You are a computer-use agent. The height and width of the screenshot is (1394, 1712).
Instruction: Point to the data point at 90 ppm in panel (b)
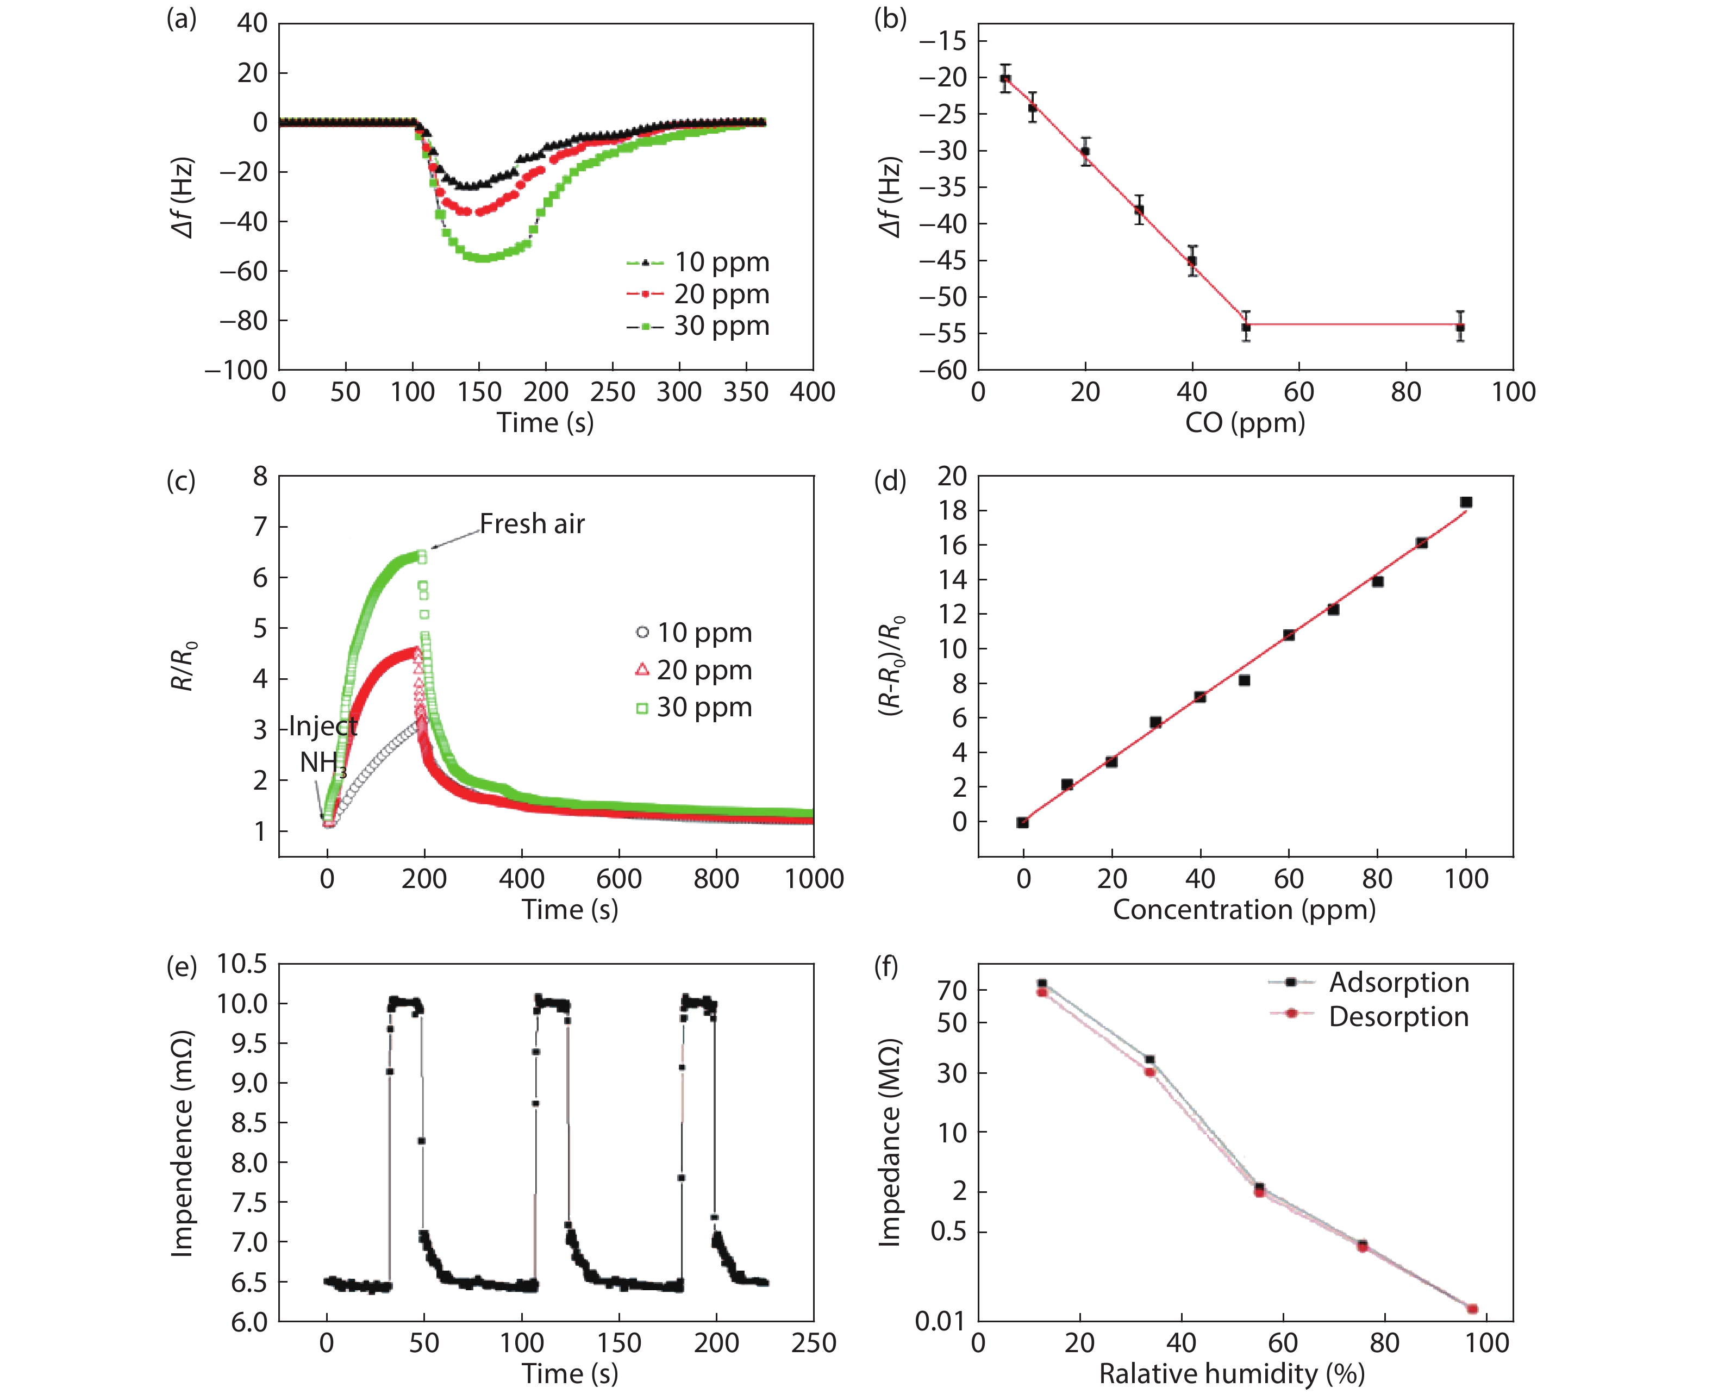pyautogui.click(x=1460, y=328)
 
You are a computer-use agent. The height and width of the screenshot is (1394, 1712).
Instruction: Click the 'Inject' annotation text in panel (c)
pyautogui.click(x=323, y=726)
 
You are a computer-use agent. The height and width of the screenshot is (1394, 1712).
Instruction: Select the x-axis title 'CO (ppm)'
pyautogui.click(x=1245, y=422)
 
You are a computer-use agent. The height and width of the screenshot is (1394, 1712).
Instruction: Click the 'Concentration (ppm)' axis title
pyautogui.click(x=1244, y=910)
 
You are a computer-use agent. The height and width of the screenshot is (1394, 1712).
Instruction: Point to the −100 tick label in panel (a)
pyautogui.click(x=236, y=370)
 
